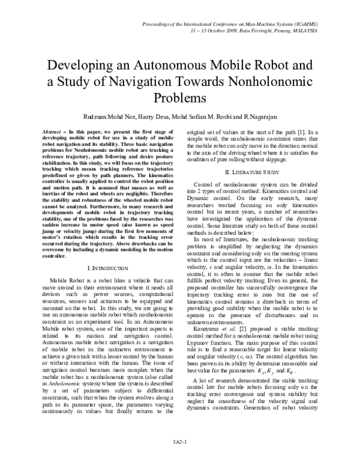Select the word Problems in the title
179,97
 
